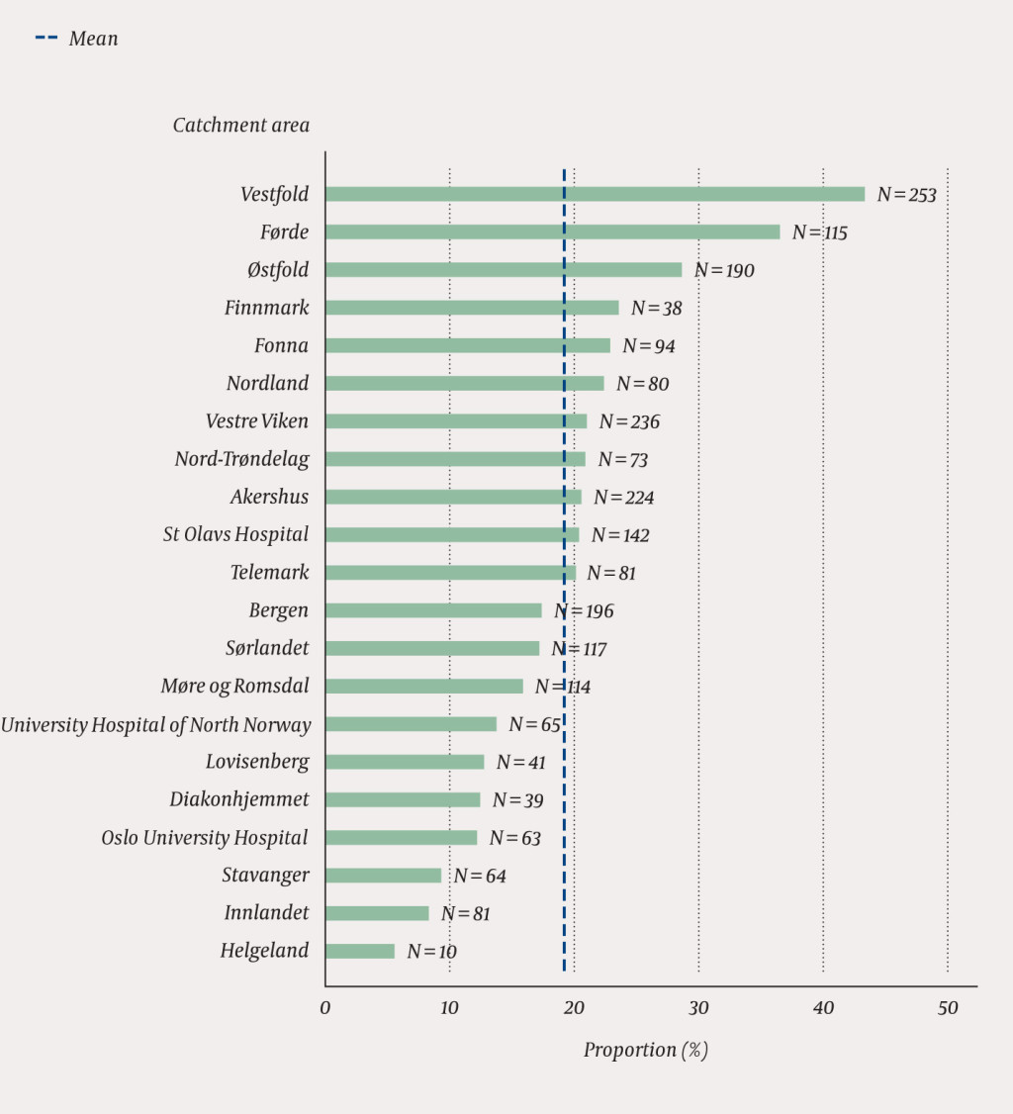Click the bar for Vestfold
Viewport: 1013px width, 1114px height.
tap(594, 194)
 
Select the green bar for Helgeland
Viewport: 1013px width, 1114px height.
tap(360, 951)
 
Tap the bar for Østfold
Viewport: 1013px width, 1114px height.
tap(503, 270)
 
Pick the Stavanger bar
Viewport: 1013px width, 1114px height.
tap(383, 876)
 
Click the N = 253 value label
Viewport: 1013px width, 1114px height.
tap(906, 195)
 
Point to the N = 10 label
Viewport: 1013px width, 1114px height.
tap(431, 952)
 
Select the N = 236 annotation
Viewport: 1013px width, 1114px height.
tap(629, 422)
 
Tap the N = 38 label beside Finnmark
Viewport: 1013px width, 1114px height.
tap(656, 309)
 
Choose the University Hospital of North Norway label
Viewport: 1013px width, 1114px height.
tap(155, 725)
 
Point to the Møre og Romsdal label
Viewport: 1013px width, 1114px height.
tap(234, 687)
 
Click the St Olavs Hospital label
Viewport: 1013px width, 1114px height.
tap(235, 535)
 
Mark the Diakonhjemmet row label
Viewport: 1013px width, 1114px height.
tap(238, 799)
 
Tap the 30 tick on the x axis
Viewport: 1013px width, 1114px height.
tap(698, 1008)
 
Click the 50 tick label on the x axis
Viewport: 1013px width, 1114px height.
tap(948, 1008)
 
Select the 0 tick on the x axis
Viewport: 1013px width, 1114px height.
tap(325, 1008)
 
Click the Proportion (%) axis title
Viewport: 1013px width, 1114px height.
tap(645, 1051)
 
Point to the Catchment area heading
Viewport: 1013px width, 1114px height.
tap(240, 126)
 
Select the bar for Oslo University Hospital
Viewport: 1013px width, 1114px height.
tap(401, 838)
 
